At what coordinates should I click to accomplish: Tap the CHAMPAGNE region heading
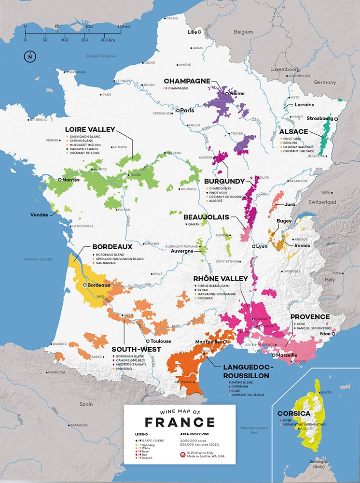click(187, 81)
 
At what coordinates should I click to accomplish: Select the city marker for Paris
click(178, 111)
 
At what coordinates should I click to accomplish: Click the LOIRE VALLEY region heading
click(90, 129)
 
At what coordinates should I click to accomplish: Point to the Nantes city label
click(71, 179)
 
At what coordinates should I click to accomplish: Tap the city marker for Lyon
click(253, 246)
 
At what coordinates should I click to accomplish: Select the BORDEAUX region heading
click(112, 246)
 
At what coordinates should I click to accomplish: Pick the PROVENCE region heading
click(310, 317)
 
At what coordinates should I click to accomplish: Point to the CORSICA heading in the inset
click(293, 414)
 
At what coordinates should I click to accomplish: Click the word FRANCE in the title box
click(180, 422)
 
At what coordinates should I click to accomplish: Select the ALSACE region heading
click(293, 131)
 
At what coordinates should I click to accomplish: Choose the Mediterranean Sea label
click(254, 429)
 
